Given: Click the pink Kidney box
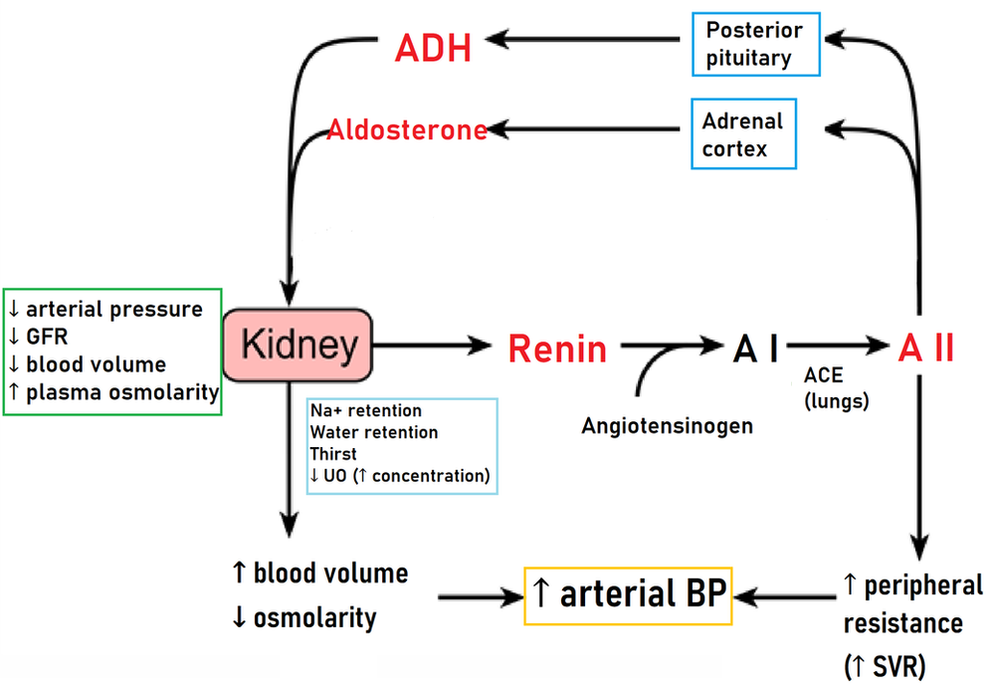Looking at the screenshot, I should pos(298,346).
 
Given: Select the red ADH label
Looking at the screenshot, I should pos(433,47).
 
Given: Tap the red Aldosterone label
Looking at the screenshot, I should pos(407,130).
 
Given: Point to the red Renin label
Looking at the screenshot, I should pos(556,348).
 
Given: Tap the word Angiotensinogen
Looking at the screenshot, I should pos(667,426).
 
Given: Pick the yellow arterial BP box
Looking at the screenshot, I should pos(629,595).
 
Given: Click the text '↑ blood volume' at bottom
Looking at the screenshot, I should pos(319,574).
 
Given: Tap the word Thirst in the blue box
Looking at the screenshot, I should pos(333,454).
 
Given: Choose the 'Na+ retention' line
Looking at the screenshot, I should pos(365,410).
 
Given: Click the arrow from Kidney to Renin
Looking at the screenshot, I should pos(432,347).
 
